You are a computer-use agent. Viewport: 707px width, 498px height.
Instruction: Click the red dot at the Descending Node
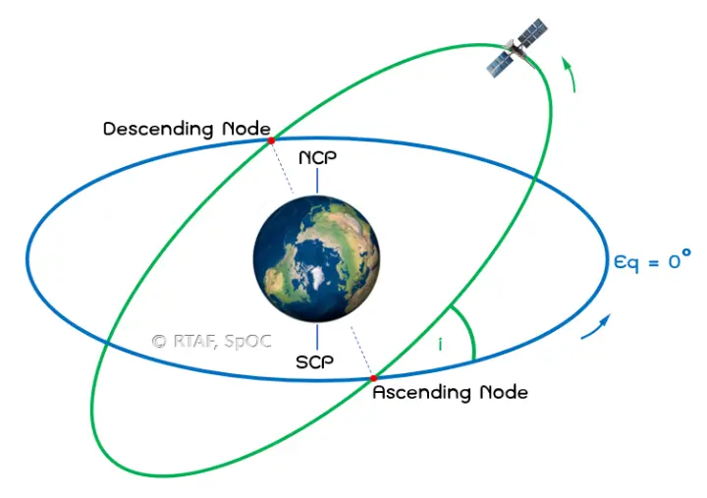click(271, 140)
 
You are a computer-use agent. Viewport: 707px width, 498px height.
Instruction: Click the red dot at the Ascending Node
click(373, 378)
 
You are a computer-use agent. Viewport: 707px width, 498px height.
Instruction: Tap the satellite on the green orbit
click(517, 48)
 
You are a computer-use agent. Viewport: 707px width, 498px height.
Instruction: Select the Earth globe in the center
click(316, 259)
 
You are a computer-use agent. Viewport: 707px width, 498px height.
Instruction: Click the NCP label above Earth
click(317, 157)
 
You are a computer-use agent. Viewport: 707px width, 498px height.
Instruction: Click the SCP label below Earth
click(315, 361)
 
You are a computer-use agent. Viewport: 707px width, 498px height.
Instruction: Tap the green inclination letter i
click(440, 345)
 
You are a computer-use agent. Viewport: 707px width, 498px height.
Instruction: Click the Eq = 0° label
click(652, 260)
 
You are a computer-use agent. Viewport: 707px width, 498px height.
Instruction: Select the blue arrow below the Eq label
click(596, 326)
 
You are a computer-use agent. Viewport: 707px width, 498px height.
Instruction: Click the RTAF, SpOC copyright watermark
click(212, 342)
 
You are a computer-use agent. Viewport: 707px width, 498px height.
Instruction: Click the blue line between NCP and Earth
click(317, 181)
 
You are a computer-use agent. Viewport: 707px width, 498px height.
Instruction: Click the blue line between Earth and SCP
click(317, 337)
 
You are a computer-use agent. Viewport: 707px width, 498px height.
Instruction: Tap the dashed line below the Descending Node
click(283, 167)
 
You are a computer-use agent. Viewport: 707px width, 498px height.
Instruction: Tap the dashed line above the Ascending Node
click(362, 352)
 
